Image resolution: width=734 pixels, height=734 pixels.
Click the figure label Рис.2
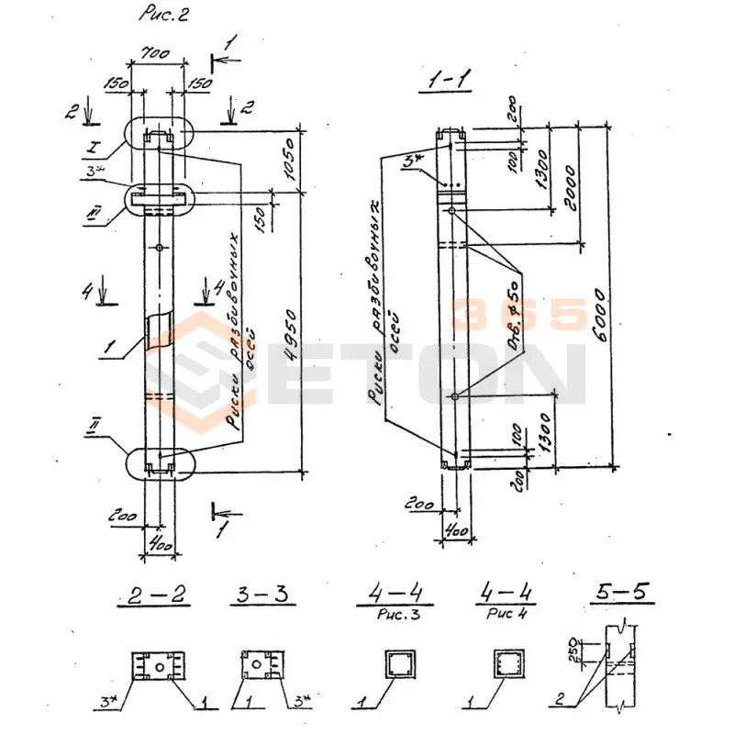[164, 15]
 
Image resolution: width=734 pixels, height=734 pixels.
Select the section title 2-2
[154, 595]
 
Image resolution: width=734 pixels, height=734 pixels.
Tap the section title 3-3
[259, 595]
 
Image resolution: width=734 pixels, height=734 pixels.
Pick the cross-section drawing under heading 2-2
[159, 665]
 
